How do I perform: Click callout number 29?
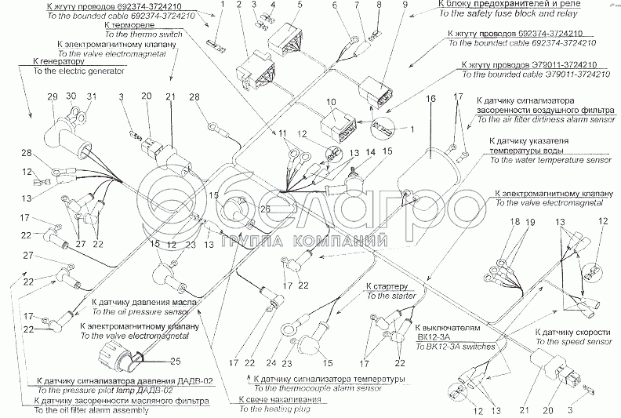[53, 96]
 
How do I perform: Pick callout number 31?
[91, 96]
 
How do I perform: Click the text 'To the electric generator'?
[68, 71]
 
